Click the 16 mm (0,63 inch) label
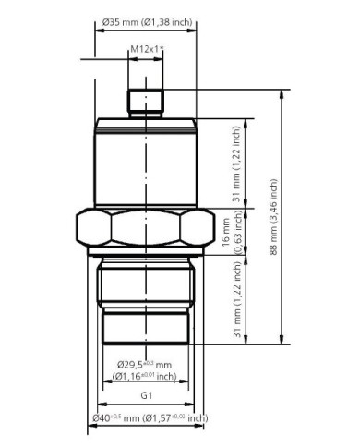tap(231, 234)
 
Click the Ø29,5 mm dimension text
tap(146, 363)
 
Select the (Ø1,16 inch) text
tap(144, 376)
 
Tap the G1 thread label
tap(145, 396)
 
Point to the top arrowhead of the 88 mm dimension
tap(282, 93)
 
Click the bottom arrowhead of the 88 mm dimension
tap(282, 340)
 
